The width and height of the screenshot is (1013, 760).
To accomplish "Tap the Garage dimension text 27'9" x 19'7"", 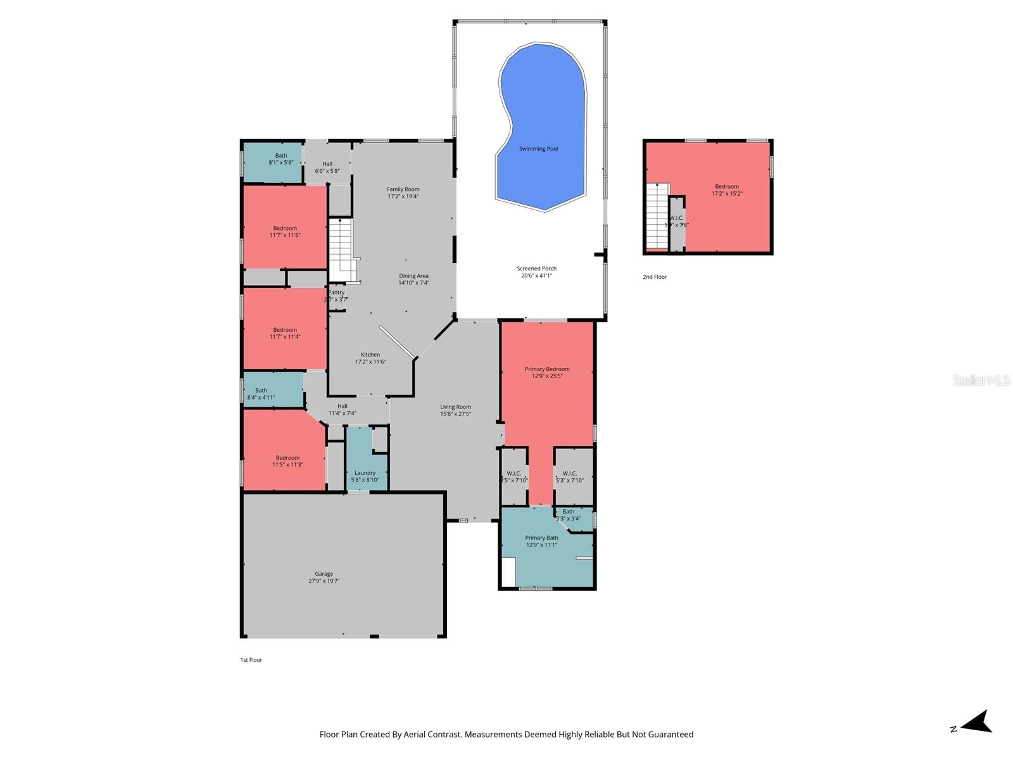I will coord(324,581).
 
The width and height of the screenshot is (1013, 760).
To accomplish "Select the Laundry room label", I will coord(365,473).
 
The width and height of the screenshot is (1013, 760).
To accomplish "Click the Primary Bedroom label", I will coord(547,369).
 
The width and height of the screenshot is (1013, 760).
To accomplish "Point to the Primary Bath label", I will coord(541,538).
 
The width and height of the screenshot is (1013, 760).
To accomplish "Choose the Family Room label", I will coord(403,189).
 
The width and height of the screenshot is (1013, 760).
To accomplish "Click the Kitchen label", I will coord(370,355).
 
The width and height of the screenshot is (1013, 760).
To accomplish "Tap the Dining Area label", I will coord(413,276).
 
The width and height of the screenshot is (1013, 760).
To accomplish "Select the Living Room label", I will coord(455,407).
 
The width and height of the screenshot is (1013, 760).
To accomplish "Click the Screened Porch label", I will coord(536,269).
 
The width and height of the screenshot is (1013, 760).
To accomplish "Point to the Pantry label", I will coord(336,293).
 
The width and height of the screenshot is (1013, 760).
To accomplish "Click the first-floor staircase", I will coord(342,250).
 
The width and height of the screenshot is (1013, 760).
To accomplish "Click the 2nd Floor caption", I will coord(655,277).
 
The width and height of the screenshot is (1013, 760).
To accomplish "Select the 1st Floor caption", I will coord(251,660).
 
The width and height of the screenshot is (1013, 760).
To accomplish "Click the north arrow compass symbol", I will coord(977,722).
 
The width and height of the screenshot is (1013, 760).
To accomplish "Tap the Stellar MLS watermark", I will coord(981,381).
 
